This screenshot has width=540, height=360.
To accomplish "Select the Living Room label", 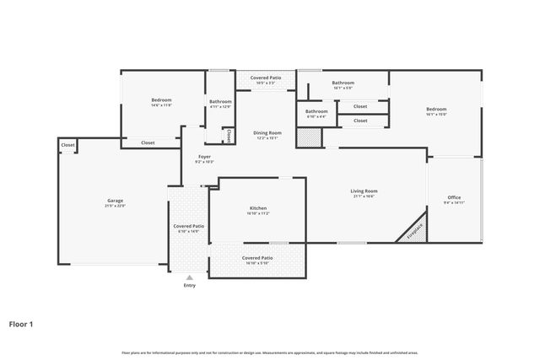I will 364,191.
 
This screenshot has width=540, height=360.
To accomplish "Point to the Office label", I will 454,197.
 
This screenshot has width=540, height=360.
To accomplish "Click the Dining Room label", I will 267,132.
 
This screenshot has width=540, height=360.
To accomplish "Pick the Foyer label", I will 204,157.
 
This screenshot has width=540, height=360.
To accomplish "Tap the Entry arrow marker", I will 189,277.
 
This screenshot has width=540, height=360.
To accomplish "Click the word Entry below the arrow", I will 189,285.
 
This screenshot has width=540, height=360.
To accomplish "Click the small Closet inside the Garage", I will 67,145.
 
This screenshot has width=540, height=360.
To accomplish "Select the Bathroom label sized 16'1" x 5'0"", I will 343,83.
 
